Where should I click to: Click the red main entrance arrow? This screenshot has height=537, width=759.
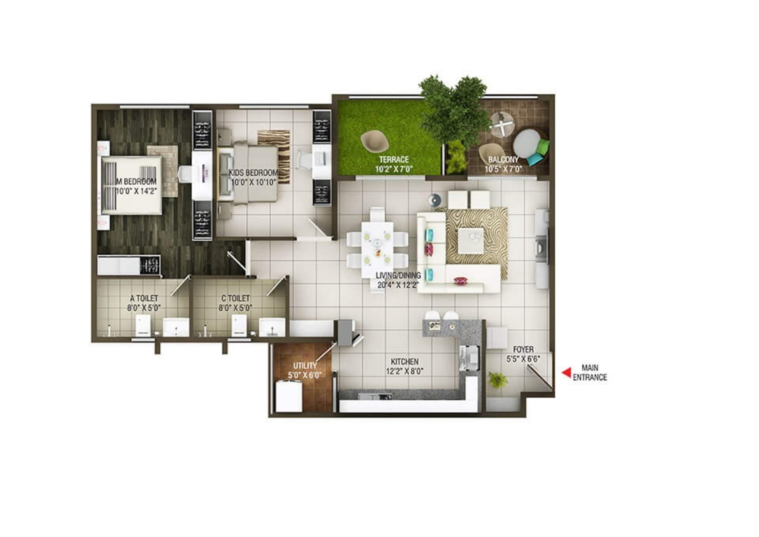(x=566, y=373)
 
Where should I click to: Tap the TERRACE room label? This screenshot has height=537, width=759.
(x=394, y=160)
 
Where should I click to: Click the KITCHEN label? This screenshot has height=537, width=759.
(x=405, y=362)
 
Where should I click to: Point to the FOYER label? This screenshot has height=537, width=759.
(x=523, y=349)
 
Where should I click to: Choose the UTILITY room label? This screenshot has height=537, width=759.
(x=305, y=366)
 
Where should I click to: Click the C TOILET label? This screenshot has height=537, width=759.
(x=236, y=298)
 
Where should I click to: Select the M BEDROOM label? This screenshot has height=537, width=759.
(x=136, y=182)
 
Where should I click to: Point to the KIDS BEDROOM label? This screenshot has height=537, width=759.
(x=253, y=173)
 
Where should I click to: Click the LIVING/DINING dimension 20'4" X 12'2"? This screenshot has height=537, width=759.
(x=398, y=285)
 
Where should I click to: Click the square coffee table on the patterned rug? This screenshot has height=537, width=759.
(x=471, y=241)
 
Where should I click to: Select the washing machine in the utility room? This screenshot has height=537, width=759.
(x=289, y=396)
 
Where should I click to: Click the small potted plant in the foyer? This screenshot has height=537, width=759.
(x=498, y=380)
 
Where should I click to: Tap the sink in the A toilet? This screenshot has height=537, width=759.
(x=176, y=327)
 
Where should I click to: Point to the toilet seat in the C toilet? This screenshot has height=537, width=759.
(x=239, y=325)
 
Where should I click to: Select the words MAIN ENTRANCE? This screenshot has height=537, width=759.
(x=590, y=373)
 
